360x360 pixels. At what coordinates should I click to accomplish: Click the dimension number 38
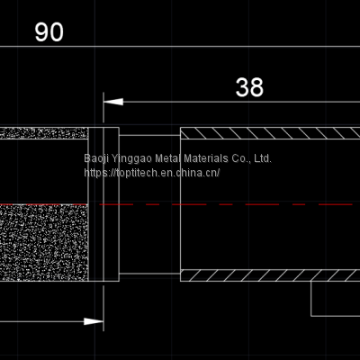[249, 86]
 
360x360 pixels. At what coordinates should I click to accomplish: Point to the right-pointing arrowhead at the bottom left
[94, 320]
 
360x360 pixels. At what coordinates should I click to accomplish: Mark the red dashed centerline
[225, 203]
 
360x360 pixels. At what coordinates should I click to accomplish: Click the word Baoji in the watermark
[96, 158]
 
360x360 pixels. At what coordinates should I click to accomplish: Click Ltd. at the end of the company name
[260, 158]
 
